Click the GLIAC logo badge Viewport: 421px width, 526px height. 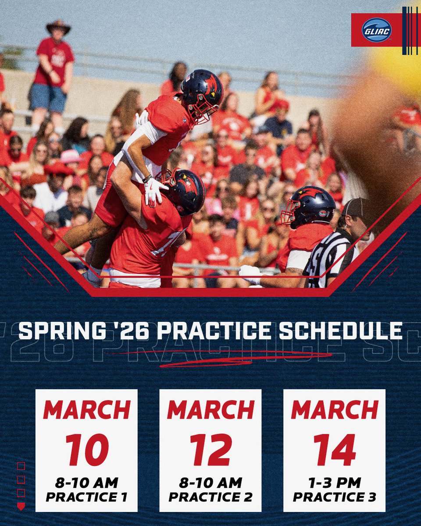[x=377, y=30]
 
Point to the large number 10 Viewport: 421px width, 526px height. [x=87, y=450]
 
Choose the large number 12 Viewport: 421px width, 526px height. [x=210, y=450]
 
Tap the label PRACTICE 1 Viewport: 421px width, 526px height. [x=86, y=497]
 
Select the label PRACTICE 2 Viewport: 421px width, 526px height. [x=210, y=497]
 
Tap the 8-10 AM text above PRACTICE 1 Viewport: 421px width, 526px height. [x=86, y=483]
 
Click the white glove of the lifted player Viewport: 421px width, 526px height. [x=155, y=191]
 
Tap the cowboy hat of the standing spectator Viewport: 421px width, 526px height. [x=58, y=26]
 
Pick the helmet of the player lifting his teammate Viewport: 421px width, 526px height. [x=183, y=190]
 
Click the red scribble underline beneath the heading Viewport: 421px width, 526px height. [x=219, y=358]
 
